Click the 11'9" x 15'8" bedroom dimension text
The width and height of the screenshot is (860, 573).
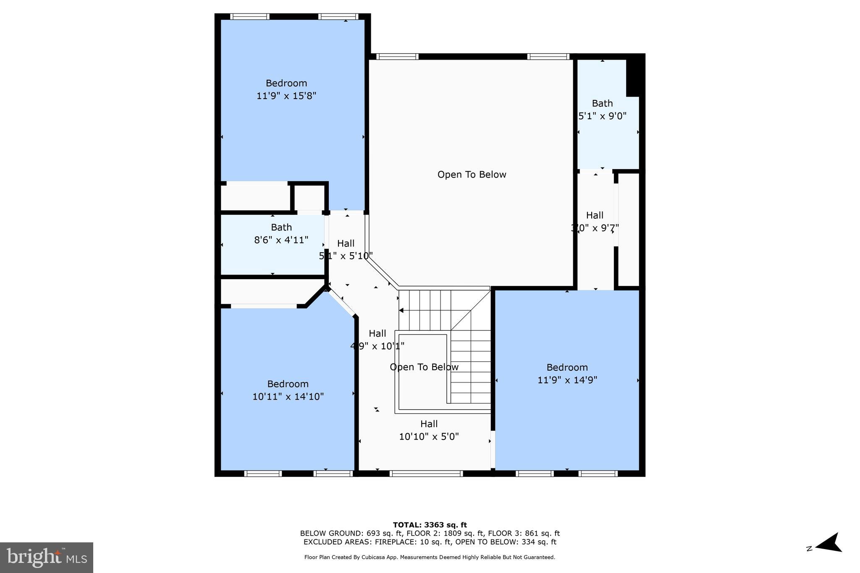286,96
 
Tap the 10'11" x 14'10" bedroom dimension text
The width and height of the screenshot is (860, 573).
288,397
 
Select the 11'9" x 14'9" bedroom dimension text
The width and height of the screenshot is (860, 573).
567,380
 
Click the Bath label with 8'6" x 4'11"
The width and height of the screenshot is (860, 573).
281,228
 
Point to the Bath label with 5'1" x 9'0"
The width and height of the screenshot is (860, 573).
602,104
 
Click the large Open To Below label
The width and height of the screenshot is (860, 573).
472,175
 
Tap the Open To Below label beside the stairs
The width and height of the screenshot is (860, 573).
424,367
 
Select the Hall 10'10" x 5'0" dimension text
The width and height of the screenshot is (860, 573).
428,437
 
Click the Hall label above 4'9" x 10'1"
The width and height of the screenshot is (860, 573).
377,334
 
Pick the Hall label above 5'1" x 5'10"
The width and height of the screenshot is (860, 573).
346,243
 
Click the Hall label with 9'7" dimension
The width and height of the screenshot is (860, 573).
595,216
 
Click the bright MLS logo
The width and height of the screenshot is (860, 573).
47,557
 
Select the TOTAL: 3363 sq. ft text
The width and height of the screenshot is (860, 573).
430,525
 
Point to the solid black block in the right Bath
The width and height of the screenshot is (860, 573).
635,76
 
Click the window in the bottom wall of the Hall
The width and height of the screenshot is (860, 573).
426,474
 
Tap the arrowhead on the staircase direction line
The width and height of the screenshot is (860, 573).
401,311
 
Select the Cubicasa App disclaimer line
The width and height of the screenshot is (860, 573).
430,557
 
